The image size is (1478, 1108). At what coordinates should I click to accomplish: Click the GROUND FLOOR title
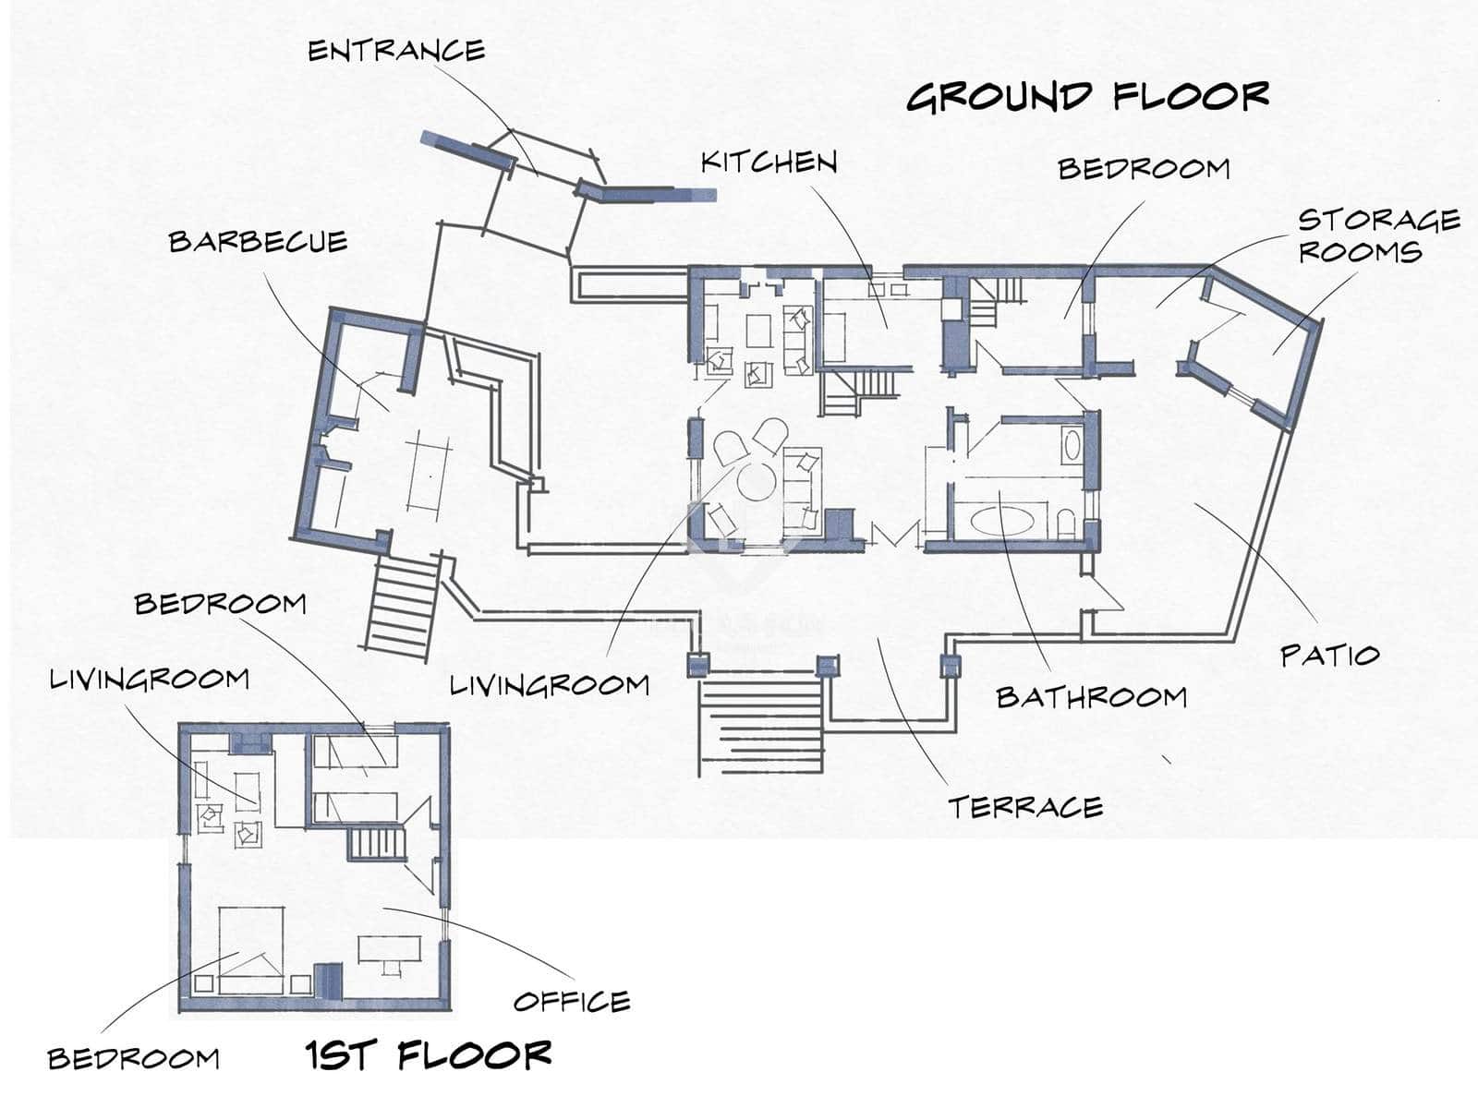click(1087, 96)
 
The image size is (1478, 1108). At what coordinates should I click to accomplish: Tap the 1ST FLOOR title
click(429, 1054)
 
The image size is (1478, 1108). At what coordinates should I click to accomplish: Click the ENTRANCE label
click(395, 51)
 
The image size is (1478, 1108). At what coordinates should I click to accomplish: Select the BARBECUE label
click(258, 242)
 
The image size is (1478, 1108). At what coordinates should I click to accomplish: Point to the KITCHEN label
click(769, 163)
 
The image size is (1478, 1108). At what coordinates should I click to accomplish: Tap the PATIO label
click(1329, 656)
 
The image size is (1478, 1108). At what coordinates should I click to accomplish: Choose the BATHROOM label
click(1091, 697)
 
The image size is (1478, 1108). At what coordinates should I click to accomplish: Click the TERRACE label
click(1025, 807)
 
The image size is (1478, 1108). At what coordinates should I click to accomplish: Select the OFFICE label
click(571, 1001)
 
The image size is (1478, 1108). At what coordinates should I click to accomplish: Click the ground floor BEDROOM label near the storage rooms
click(1144, 169)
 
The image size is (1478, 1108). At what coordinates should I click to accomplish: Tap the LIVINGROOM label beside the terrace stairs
click(549, 685)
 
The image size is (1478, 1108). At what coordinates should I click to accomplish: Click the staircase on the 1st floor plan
click(376, 844)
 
